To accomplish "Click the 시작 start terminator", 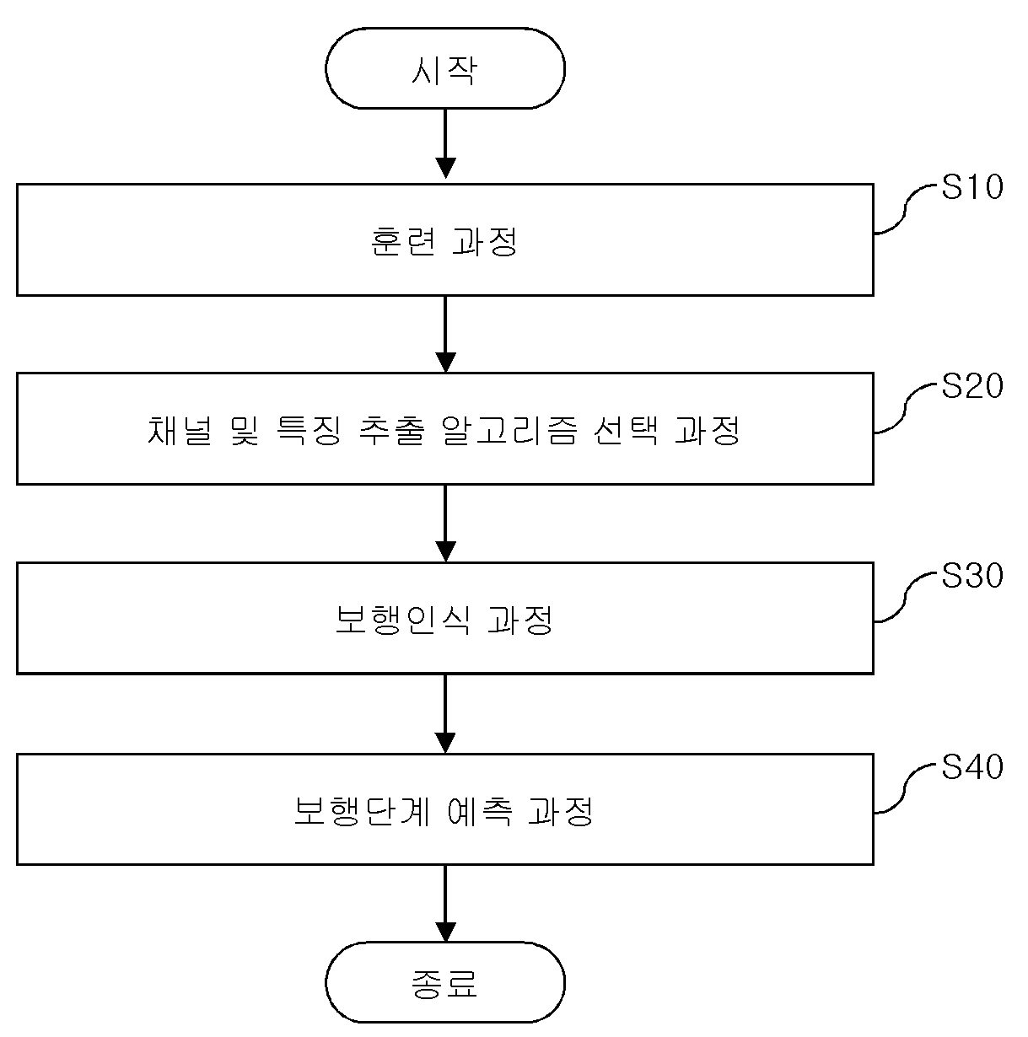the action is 444,68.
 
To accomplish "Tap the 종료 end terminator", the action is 444,983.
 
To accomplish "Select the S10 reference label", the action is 972,186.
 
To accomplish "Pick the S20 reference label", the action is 972,385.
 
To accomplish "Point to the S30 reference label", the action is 972,575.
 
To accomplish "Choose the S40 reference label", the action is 972,766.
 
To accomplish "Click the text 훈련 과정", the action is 444,241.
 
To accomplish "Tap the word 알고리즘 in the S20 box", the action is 509,431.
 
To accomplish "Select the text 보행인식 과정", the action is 444,620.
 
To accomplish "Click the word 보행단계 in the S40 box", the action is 362,810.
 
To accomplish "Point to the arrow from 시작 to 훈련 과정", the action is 445,143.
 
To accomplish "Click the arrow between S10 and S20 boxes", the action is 445,334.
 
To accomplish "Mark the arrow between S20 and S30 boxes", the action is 445,523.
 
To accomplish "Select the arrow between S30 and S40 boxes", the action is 445,713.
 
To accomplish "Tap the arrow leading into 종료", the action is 445,904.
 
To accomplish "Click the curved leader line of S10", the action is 906,209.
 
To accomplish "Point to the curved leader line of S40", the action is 906,788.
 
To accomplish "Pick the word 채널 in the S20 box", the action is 179,431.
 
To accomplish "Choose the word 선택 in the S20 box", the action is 626,431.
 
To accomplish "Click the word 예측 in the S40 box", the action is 479,810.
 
